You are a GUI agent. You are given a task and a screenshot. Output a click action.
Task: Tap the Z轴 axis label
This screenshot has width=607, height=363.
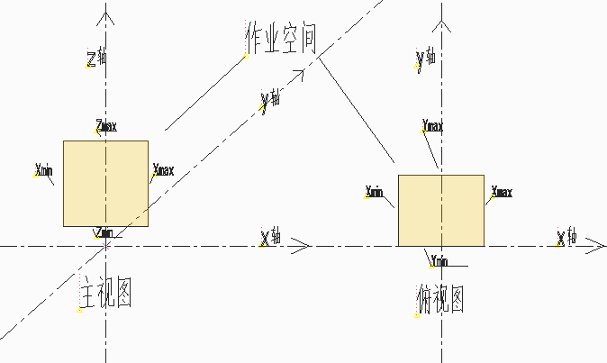click(96, 59)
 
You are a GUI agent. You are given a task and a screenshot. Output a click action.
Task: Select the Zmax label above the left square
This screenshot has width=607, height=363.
click(106, 126)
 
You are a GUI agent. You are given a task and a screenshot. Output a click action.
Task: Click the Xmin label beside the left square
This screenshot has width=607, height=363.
click(43, 168)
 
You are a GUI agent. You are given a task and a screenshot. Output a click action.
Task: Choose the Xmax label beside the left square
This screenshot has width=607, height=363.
click(164, 169)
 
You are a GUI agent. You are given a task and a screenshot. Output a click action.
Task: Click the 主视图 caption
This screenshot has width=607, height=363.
click(107, 294)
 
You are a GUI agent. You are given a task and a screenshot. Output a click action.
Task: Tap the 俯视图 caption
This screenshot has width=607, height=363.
click(440, 299)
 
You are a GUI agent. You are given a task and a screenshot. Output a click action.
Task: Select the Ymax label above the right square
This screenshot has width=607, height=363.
click(433, 125)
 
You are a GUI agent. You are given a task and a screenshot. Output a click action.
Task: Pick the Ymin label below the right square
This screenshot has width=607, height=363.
click(439, 261)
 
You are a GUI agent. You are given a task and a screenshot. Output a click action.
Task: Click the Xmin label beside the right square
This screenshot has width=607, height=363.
click(375, 191)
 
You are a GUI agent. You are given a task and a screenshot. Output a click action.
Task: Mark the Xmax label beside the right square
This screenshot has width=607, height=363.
click(502, 192)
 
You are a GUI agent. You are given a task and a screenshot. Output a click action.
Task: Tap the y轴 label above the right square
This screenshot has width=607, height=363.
click(427, 59)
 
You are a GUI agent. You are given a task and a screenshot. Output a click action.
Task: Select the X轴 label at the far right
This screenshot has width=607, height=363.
click(566, 238)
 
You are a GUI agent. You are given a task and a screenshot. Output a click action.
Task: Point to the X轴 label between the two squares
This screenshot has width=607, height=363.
click(270, 236)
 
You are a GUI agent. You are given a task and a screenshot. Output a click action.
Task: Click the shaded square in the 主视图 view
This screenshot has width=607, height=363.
click(105, 184)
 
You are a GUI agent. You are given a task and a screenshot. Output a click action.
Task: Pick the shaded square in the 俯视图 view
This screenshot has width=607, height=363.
click(441, 210)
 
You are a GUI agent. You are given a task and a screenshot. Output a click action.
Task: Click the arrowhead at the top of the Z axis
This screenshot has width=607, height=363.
click(106, 15)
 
